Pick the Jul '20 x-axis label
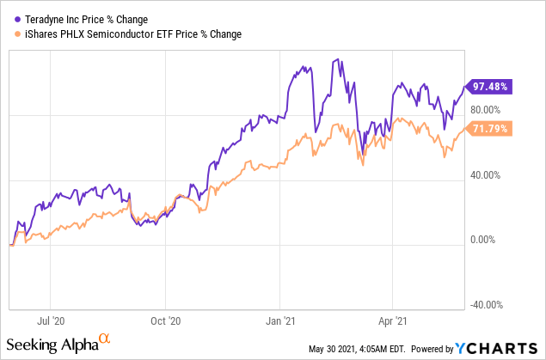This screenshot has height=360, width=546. pos(52,322)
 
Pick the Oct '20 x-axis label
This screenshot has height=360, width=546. pos(166,322)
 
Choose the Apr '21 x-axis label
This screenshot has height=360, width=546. pos(392,322)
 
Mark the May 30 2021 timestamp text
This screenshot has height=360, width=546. pos(356,349)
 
